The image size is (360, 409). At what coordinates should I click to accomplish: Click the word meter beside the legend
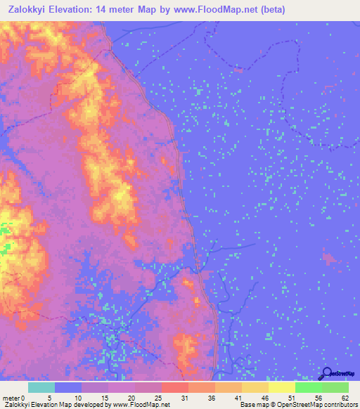[x=11, y=398]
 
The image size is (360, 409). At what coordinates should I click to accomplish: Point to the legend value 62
[x=344, y=398]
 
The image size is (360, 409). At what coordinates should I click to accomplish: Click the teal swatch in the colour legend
[x=41, y=387]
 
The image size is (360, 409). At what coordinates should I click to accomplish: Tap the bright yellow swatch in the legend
[x=281, y=387]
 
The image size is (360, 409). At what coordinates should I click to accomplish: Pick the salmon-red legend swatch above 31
[x=174, y=387]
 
